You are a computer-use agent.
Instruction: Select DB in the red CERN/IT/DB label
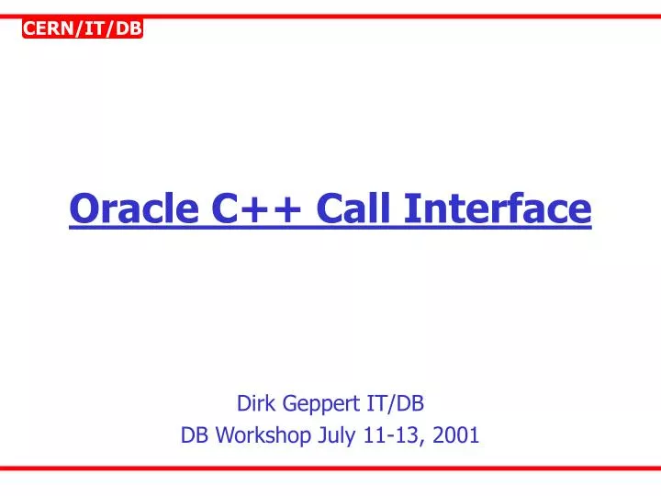click(x=128, y=29)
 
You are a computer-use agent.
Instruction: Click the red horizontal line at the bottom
click(x=330, y=468)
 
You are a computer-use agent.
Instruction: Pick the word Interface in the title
click(x=499, y=208)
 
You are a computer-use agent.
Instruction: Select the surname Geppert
click(x=317, y=402)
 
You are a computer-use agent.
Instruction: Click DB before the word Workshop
click(x=195, y=435)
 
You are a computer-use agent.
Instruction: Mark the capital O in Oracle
click(x=83, y=208)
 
